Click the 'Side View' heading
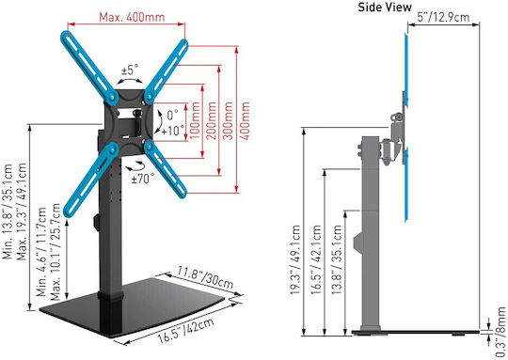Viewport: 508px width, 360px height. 385,8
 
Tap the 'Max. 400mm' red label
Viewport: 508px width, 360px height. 132,17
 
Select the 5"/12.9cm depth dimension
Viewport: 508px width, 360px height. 443,17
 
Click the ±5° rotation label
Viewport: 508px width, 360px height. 129,70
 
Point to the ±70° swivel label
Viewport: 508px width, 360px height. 143,179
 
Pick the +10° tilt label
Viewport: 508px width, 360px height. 173,131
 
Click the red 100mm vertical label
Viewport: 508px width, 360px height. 195,120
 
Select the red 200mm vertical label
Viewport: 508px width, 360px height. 212,120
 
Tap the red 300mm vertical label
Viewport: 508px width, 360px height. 228,120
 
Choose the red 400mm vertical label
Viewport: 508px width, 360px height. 245,120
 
